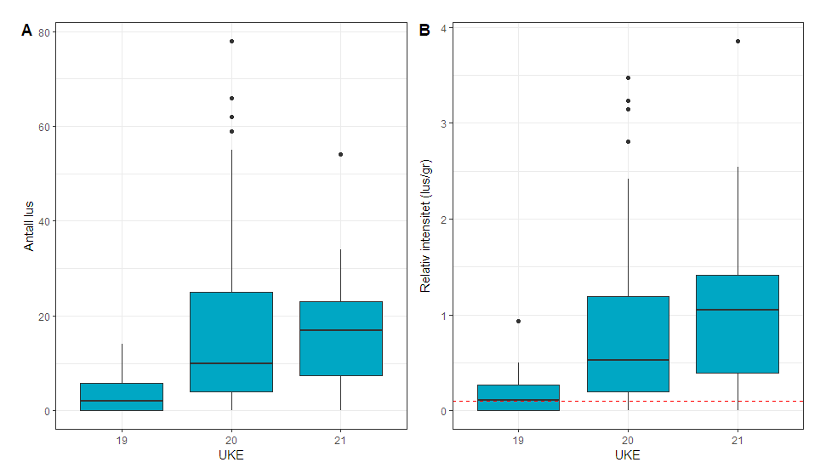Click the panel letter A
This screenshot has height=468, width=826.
(x=26, y=31)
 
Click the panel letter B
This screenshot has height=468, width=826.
(x=424, y=31)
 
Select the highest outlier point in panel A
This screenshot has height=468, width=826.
(x=231, y=41)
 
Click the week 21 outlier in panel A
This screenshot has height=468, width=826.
(x=340, y=154)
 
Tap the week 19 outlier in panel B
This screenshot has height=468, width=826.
(x=518, y=321)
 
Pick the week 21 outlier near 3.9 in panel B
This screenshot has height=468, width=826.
(x=738, y=41)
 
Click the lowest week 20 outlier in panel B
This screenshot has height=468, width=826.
(x=628, y=141)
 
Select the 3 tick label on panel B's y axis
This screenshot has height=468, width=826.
(x=442, y=123)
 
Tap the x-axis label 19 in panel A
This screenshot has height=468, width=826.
(x=122, y=441)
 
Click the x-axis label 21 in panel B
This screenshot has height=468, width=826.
(x=738, y=441)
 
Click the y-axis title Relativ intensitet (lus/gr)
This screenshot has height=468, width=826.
(x=426, y=225)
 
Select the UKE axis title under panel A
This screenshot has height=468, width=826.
(x=231, y=456)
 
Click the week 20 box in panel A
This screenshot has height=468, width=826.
(x=231, y=332)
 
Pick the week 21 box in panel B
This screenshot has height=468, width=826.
(x=738, y=340)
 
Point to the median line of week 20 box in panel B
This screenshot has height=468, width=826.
(x=628, y=360)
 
